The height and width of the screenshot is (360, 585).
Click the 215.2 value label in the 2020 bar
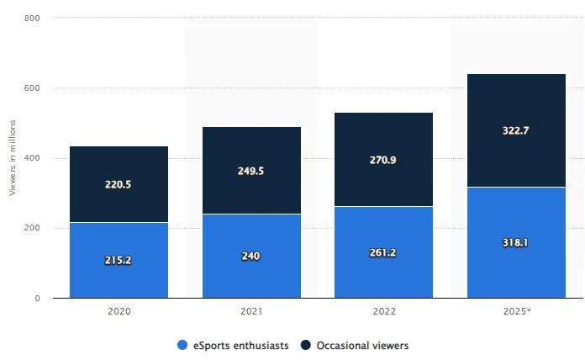pyautogui.click(x=119, y=261)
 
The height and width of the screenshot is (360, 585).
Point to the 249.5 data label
pyautogui.click(x=251, y=171)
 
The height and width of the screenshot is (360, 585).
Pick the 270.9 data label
pyautogui.click(x=383, y=159)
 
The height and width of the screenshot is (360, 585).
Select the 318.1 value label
pyautogui.click(x=515, y=242)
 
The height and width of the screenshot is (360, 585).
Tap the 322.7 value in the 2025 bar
pyautogui.click(x=515, y=130)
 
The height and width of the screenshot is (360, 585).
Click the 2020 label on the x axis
pyautogui.click(x=119, y=311)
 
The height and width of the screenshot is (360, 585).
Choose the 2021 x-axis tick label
pyautogui.click(x=251, y=311)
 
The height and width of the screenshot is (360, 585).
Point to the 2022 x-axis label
pyautogui.click(x=383, y=311)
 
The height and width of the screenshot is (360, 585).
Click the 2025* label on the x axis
pyautogui.click(x=515, y=311)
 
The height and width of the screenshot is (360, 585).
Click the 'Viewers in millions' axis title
pyautogui.click(x=13, y=158)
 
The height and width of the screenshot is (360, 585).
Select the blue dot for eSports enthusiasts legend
pyautogui.click(x=182, y=345)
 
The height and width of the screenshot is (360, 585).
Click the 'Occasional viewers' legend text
pyautogui.click(x=362, y=345)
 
